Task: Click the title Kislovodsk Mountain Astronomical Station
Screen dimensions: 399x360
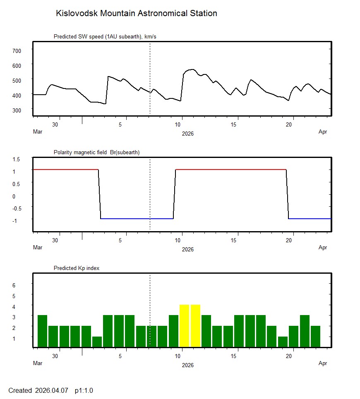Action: pyautogui.click(x=136, y=13)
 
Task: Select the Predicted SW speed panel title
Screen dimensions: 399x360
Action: pyautogui.click(x=105, y=37)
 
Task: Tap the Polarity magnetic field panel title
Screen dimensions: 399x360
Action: pyautogui.click(x=96, y=153)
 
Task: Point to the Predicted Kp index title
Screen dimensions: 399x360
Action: pyautogui.click(x=77, y=268)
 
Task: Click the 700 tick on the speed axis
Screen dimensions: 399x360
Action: pyautogui.click(x=17, y=50)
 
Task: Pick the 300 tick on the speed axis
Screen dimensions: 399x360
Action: pyautogui.click(x=17, y=110)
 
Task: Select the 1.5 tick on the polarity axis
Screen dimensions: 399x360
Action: pyautogui.click(x=17, y=159)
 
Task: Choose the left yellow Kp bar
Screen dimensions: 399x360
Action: pyautogui.click(x=184, y=326)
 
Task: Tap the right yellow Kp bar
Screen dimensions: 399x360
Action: pyautogui.click(x=195, y=326)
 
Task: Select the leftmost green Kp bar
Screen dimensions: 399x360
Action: pyautogui.click(x=42, y=331)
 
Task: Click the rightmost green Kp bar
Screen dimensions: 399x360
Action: pyautogui.click(x=315, y=337)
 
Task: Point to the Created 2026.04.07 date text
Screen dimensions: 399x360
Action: pyautogui.click(x=38, y=390)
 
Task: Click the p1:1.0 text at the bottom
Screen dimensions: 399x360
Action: pyautogui.click(x=84, y=390)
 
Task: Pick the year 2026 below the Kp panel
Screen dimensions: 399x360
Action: pyautogui.click(x=187, y=365)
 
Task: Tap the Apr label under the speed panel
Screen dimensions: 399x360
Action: pyautogui.click(x=323, y=132)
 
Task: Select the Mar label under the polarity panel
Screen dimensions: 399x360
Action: pyautogui.click(x=38, y=248)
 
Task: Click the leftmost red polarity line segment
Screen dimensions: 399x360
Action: pyautogui.click(x=65, y=170)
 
